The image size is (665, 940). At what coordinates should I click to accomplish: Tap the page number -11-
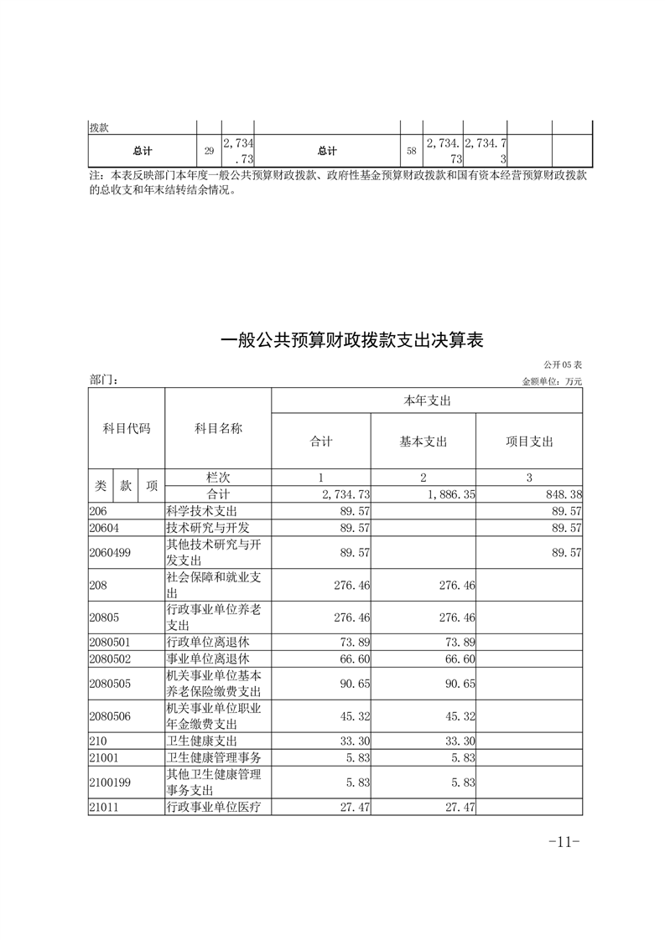click(564, 842)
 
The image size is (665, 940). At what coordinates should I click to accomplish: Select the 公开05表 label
click(561, 365)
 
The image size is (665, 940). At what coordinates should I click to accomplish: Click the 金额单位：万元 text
click(551, 381)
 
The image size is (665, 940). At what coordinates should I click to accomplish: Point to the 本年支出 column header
click(427, 401)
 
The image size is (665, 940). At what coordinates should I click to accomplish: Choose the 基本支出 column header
click(423, 442)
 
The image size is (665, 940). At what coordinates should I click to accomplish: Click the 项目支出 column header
click(529, 442)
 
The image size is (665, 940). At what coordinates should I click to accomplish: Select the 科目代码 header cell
click(127, 428)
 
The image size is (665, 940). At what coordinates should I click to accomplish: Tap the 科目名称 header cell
click(218, 428)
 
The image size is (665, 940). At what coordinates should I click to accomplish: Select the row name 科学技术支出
click(202, 510)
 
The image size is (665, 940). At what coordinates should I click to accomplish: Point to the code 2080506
click(109, 717)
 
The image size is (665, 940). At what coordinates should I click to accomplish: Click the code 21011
click(104, 808)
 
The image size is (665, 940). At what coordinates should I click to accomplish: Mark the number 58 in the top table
click(411, 152)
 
